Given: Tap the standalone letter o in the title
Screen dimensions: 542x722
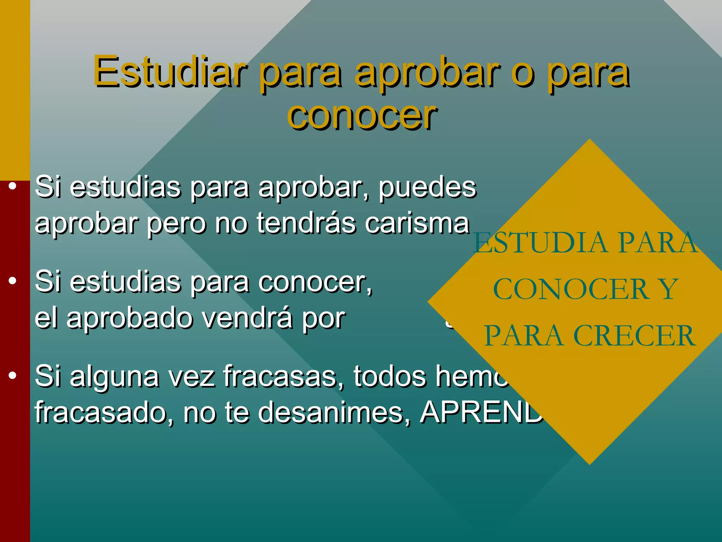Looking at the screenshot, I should (x=522, y=74).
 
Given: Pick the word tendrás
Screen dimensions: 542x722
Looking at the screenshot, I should (x=306, y=223).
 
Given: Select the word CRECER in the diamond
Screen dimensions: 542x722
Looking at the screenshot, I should (x=634, y=336).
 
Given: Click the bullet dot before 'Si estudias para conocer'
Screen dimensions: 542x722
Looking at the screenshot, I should (x=13, y=281).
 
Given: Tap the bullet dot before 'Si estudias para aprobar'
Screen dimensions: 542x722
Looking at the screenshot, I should (x=13, y=186).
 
